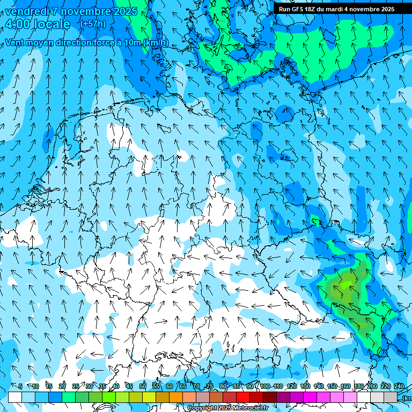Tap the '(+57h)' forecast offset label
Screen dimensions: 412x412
(93, 24)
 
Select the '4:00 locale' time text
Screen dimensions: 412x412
(38, 24)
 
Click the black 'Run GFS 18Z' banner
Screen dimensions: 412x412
(336, 9)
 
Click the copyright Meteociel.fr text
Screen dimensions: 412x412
(227, 408)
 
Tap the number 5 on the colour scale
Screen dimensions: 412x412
(20, 386)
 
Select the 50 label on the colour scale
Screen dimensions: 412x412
(142, 386)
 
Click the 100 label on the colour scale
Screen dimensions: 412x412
(265, 386)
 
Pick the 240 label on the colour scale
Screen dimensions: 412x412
(399, 386)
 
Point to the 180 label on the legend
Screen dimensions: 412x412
(358, 386)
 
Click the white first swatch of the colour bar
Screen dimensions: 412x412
(15, 397)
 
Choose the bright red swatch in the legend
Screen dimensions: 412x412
(243, 397)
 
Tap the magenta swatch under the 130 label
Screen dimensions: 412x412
(310, 397)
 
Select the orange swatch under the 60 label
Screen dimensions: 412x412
(163, 397)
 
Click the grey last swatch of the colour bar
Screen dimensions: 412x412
(391, 397)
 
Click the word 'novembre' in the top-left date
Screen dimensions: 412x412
(79, 11)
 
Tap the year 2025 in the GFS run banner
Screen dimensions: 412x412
(385, 9)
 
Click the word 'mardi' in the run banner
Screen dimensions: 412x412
(334, 9)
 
